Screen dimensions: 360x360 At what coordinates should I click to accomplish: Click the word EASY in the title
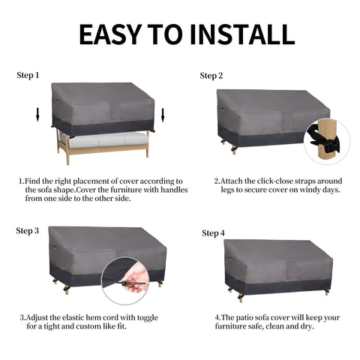(x=111, y=34)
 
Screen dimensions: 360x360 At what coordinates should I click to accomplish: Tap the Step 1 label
(x=28, y=75)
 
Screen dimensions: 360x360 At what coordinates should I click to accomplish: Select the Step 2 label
(x=211, y=76)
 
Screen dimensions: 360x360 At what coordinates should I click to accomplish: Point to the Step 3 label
(x=28, y=231)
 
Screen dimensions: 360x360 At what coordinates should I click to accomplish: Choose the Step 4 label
(x=213, y=233)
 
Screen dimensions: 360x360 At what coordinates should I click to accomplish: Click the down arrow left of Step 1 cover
(x=37, y=115)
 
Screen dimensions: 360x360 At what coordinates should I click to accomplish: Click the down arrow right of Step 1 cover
(x=163, y=115)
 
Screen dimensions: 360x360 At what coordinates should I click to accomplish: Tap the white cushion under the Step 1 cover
(x=106, y=139)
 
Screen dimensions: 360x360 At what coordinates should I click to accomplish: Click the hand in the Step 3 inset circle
(x=136, y=278)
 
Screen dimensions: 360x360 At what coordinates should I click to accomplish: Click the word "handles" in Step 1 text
(x=174, y=190)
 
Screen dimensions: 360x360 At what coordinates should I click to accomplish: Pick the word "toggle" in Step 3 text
(x=148, y=318)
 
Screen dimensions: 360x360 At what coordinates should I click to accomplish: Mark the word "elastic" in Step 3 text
(x=73, y=317)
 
